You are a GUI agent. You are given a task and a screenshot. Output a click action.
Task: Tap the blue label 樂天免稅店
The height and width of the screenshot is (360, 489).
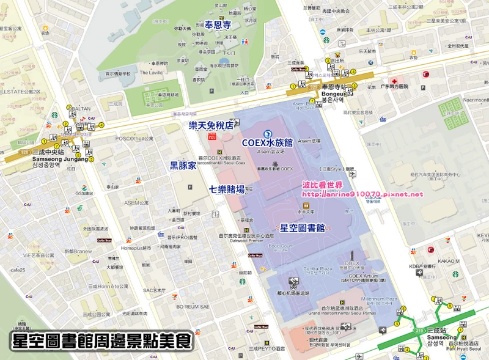coord(211,125)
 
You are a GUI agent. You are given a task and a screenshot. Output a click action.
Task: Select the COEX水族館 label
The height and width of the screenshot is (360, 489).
coord(268,142)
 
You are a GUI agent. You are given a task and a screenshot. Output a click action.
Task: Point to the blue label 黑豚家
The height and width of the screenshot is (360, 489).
coord(183,166)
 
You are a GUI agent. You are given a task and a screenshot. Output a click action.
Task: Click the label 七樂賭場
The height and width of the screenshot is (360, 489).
coord(227,189)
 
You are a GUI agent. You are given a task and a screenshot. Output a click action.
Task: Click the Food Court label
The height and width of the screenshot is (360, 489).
coord(281,247)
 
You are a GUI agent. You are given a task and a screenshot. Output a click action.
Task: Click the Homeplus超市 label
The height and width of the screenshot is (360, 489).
coord(136,248)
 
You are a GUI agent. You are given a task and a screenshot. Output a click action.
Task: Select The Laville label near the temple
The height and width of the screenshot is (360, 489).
coord(152,72)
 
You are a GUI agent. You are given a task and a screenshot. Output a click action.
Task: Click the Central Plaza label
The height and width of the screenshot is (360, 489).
coord(318,268)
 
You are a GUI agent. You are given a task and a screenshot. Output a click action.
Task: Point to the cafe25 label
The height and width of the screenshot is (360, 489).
coord(18,270)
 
